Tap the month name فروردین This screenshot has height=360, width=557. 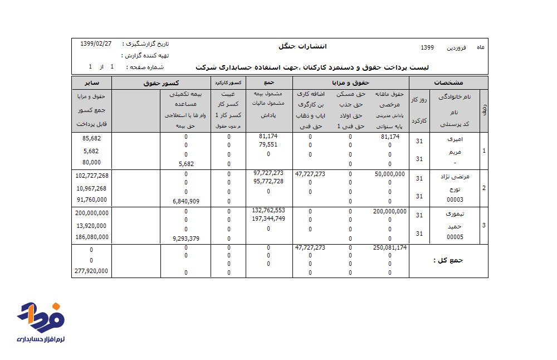coord(458,48)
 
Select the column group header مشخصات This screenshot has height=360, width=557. coord(448,82)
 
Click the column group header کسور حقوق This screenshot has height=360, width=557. coord(160,82)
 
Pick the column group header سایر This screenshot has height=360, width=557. coord(92,82)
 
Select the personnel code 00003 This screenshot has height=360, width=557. coord(455,200)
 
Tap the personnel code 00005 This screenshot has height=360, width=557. coord(455,237)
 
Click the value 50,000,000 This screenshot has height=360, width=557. coord(390,174)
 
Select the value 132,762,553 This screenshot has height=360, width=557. coord(268,211)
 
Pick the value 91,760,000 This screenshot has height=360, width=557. coord(92,200)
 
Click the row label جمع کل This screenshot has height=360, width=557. coord(448,260)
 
